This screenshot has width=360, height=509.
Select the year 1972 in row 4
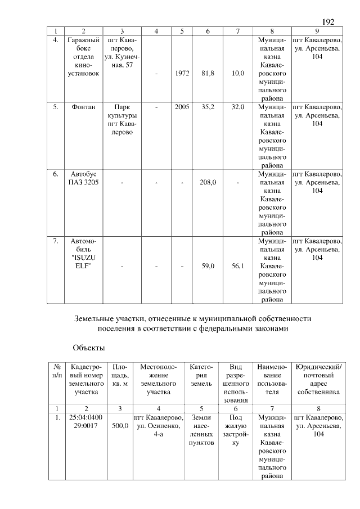(x=182, y=73)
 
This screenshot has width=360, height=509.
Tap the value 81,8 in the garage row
(x=208, y=73)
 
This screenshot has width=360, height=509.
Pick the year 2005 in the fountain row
(x=182, y=106)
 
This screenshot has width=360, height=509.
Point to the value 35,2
(x=208, y=106)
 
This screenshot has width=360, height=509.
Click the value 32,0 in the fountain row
(x=238, y=106)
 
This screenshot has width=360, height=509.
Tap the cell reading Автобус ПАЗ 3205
(x=83, y=178)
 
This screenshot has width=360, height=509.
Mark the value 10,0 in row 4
(x=238, y=73)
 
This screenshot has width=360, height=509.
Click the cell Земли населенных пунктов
(x=201, y=430)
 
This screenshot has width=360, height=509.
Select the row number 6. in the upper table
(x=56, y=174)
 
